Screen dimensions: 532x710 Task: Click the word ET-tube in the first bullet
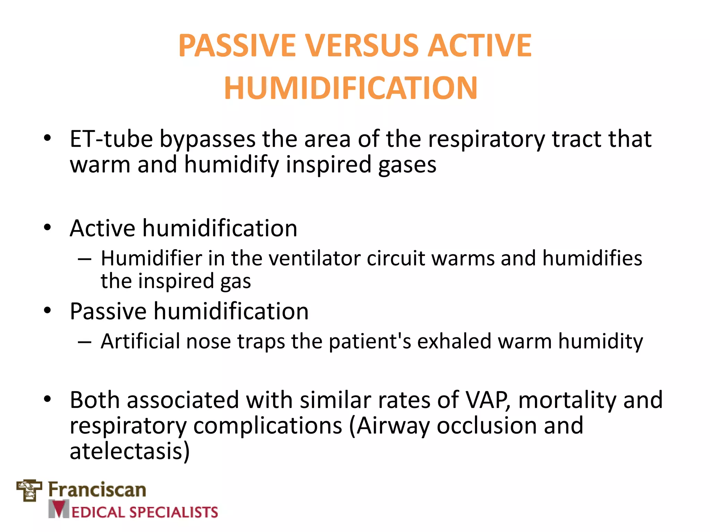(111, 139)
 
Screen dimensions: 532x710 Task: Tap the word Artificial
(140, 342)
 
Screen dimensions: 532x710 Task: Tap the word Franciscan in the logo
(97, 490)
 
